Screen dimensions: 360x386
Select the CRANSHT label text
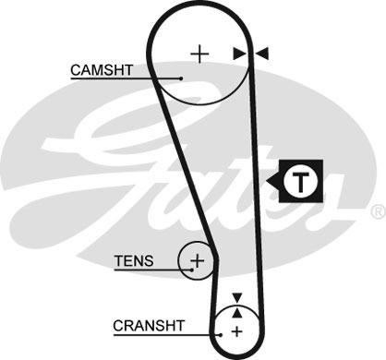(x=149, y=325)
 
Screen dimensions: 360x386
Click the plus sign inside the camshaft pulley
(x=199, y=54)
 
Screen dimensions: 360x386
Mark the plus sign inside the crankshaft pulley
(x=236, y=330)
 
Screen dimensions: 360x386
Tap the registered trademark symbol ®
(x=377, y=211)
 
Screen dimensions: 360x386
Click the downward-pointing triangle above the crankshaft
(x=236, y=297)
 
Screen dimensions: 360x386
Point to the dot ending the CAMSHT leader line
(x=182, y=78)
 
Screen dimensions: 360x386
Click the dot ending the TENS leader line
(x=189, y=270)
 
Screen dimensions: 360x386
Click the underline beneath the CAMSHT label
(x=111, y=78)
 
